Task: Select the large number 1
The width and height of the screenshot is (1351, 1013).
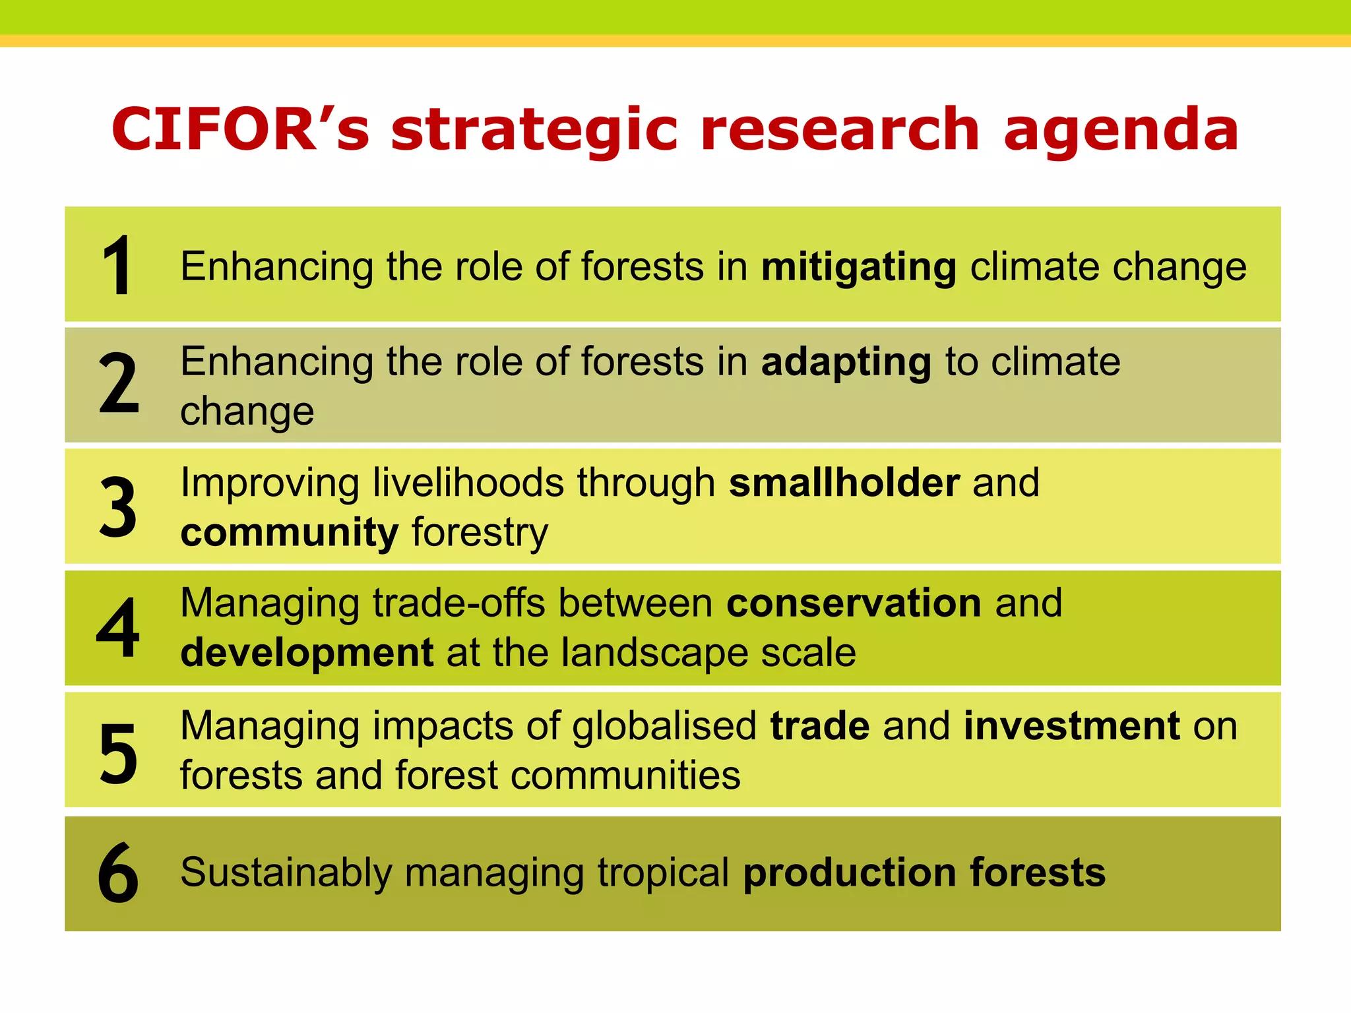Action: tap(118, 266)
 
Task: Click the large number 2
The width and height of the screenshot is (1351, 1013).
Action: tap(119, 384)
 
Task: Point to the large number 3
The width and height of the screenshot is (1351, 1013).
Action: tap(119, 506)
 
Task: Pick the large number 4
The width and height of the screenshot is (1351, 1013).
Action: tap(118, 628)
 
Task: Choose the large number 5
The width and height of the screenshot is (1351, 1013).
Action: tap(119, 753)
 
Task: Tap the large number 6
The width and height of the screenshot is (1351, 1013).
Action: tap(118, 873)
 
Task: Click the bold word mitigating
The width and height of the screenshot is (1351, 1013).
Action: tap(858, 268)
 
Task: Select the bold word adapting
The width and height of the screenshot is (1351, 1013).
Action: tap(846, 363)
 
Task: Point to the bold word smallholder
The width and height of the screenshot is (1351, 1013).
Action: tap(844, 483)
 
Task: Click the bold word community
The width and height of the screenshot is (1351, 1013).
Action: tap(290, 533)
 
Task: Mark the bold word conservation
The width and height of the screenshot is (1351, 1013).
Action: tap(854, 603)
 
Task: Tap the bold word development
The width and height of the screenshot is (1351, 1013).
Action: tap(307, 654)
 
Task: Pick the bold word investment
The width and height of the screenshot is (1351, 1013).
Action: tap(1071, 726)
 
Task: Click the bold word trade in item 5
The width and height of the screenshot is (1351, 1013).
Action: tap(820, 726)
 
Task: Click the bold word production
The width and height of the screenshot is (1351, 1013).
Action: tap(850, 874)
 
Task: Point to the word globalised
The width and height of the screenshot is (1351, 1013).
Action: tap(664, 726)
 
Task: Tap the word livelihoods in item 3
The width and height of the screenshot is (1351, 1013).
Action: tap(468, 483)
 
